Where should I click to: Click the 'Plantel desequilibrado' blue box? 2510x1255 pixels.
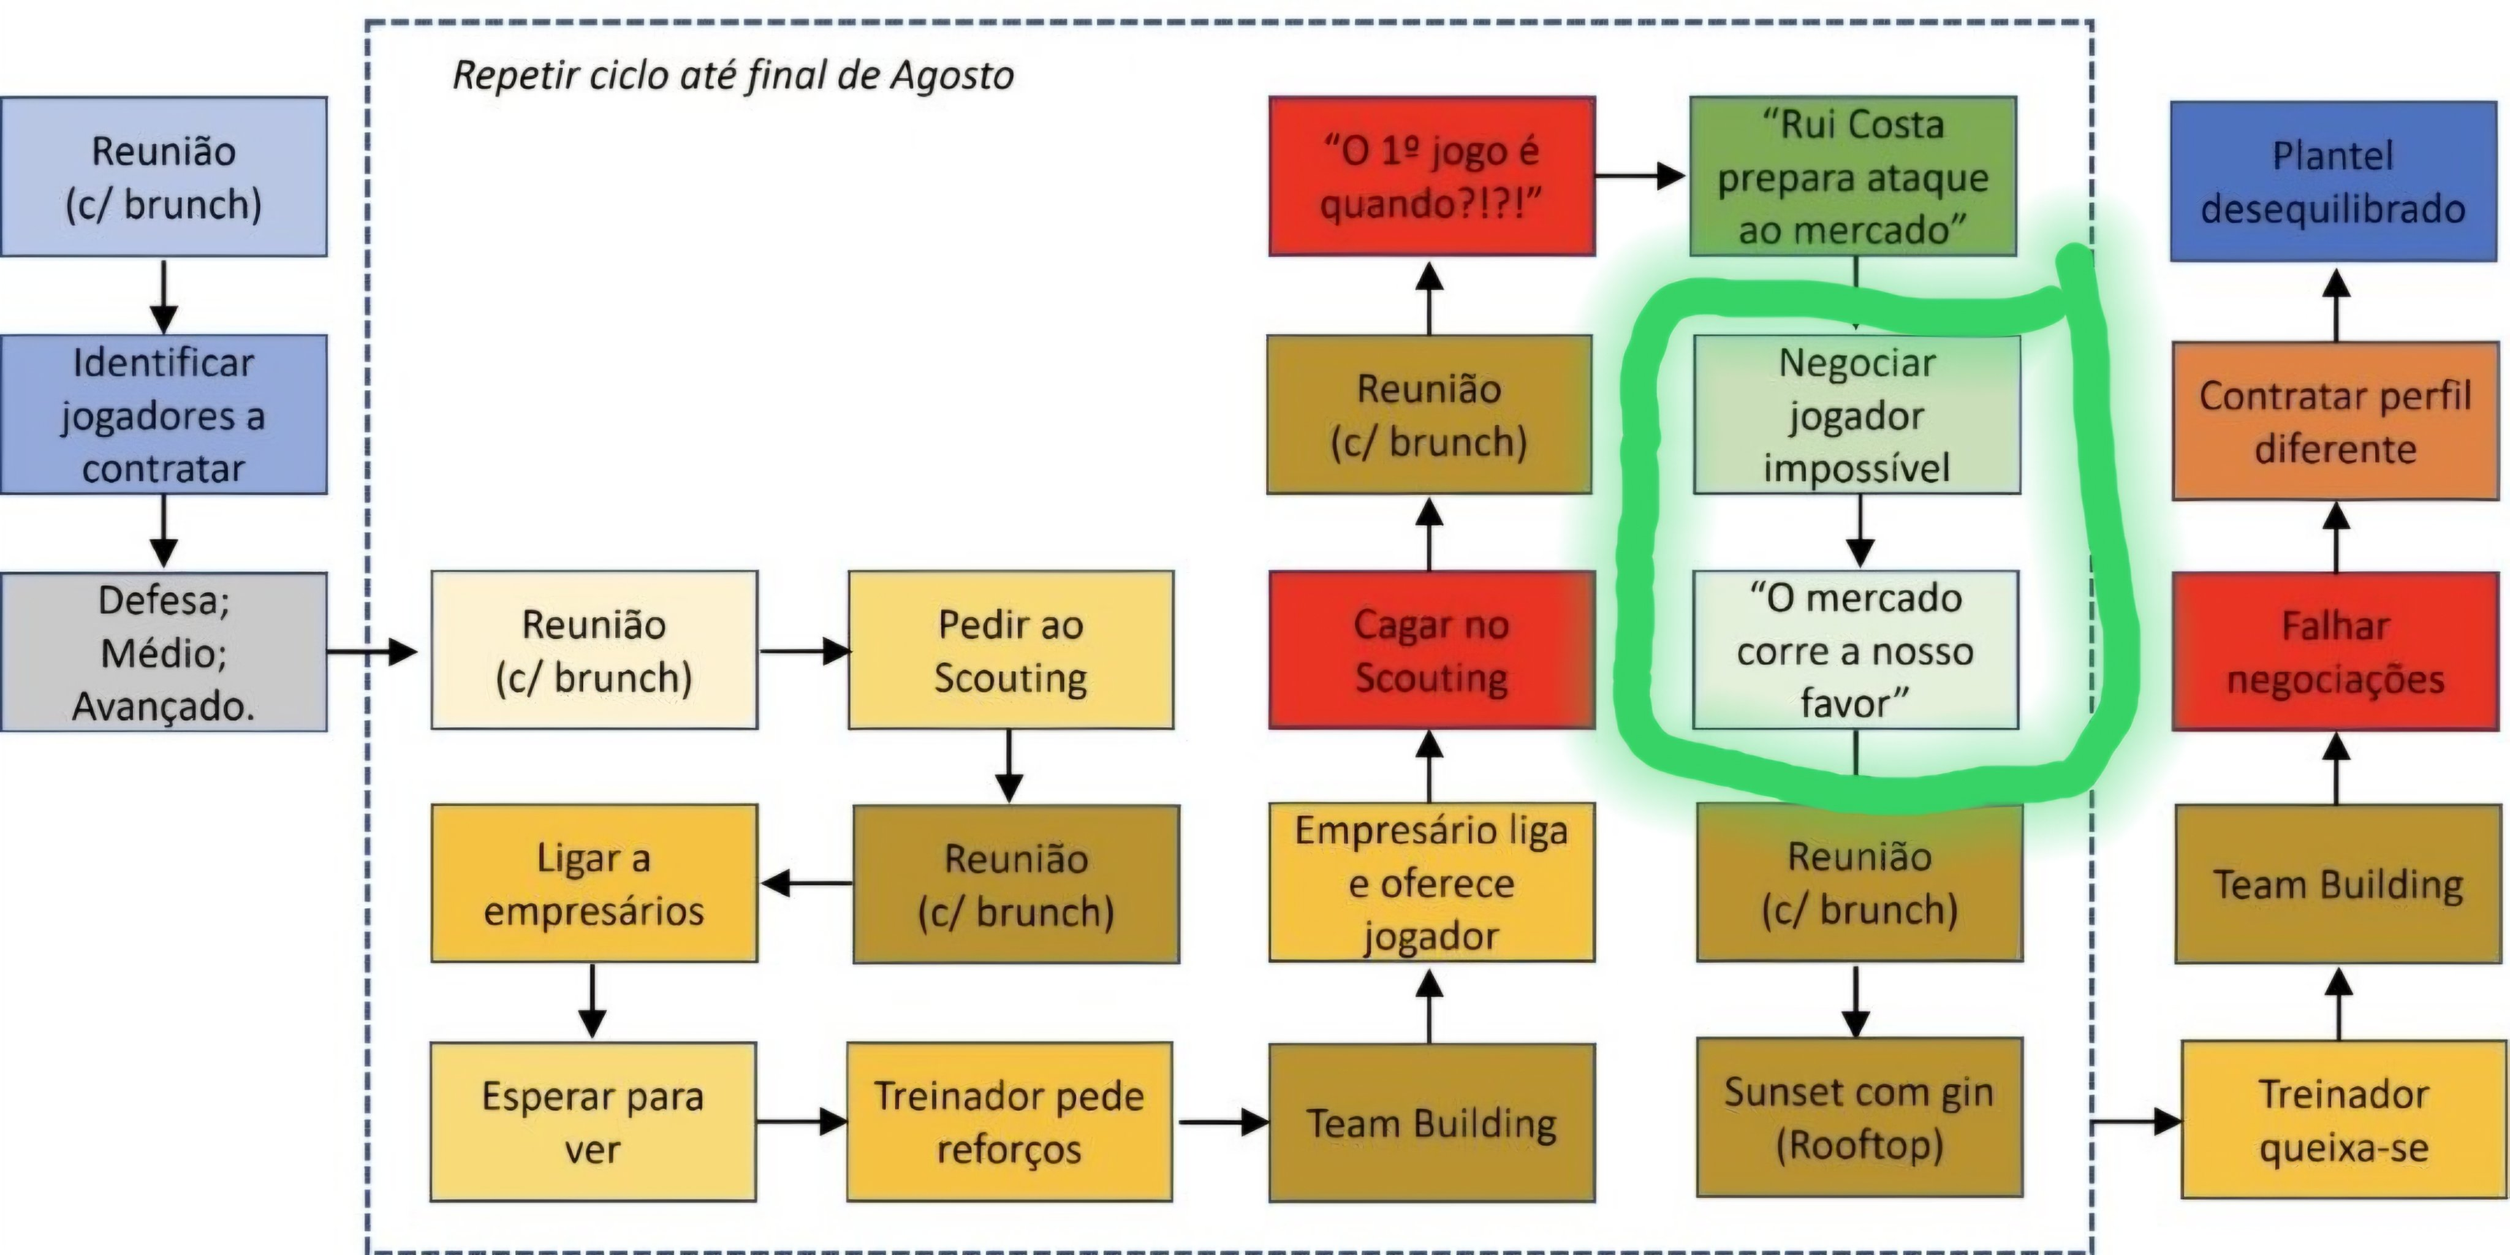pos(2333,181)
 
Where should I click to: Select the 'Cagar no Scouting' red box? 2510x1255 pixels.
pos(1431,650)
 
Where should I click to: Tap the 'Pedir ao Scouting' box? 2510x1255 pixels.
pos(1010,650)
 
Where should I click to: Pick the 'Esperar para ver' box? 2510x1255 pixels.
pos(593,1121)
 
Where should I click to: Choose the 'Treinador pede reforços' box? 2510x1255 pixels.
pos(1009,1121)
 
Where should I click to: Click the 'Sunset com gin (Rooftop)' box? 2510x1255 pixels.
pos(1859,1118)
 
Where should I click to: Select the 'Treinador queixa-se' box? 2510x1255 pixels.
pos(2343,1120)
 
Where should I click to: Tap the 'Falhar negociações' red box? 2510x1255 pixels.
pos(2335,651)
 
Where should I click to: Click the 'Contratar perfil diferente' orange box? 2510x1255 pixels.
pos(2335,421)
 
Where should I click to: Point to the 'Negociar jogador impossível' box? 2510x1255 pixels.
pos(1857,415)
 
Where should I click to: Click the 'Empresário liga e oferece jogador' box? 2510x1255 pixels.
pos(1431,883)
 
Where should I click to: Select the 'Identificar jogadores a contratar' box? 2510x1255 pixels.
pos(164,415)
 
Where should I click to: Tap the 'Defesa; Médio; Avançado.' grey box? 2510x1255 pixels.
pos(164,652)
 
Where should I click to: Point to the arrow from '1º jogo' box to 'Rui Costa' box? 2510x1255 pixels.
pos(1640,176)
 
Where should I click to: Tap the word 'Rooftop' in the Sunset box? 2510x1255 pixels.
pos(1859,1145)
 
